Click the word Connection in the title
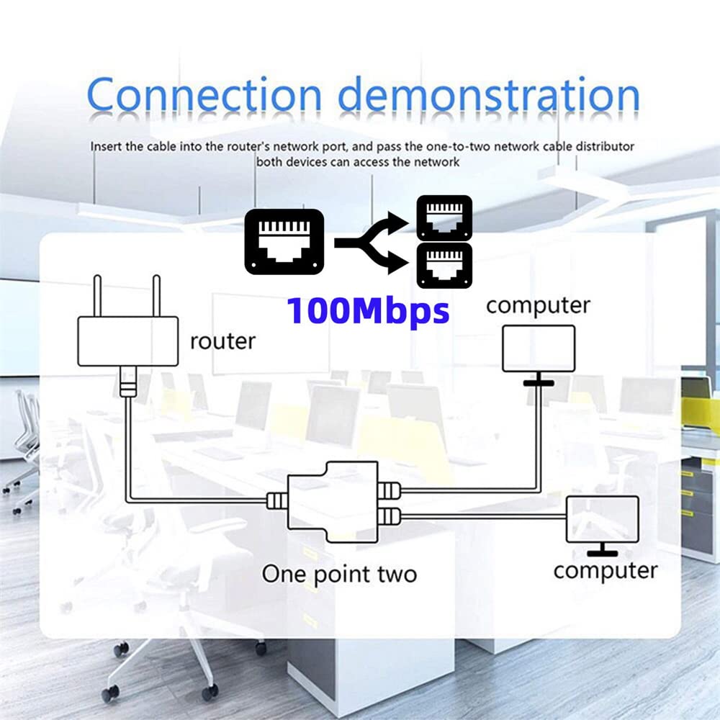(204, 96)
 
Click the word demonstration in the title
(488, 96)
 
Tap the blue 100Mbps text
(368, 311)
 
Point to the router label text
(222, 341)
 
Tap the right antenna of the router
(154, 295)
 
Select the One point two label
(339, 574)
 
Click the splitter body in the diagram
(332, 500)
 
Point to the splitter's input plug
(276, 500)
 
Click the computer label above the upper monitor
(538, 305)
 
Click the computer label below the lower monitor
(605, 571)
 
